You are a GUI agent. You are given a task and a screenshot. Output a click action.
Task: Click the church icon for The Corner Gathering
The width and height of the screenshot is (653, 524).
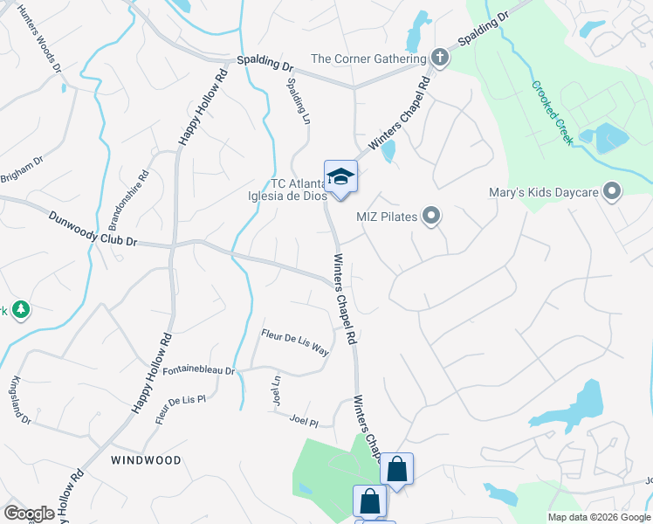pos(439,59)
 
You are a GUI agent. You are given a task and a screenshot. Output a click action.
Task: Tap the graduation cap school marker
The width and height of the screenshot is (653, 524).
pos(340,176)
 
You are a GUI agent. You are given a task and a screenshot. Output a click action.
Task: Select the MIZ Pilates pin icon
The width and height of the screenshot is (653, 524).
pos(430,216)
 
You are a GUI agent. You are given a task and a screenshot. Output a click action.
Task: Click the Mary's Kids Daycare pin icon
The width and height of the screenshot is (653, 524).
pos(612,190)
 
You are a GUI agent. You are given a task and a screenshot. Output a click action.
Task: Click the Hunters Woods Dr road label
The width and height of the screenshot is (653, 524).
pos(38,41)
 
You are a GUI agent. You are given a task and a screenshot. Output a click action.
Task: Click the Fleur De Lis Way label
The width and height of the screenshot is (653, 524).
pos(295,341)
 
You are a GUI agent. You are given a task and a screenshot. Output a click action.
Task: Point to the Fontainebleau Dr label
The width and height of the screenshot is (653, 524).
pos(198,370)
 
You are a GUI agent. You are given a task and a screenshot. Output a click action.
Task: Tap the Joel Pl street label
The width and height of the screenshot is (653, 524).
pos(303,421)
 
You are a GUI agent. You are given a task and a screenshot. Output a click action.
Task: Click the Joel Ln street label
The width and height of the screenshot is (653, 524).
pos(277,390)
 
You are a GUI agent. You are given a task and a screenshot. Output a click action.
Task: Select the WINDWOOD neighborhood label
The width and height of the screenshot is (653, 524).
pos(147,460)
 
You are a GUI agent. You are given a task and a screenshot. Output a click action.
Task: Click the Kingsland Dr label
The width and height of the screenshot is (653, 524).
pos(21,401)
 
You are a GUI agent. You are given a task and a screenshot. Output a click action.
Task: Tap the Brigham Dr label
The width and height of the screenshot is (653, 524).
pos(21,168)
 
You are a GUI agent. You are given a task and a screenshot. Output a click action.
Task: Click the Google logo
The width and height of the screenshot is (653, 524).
pos(29,514)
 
